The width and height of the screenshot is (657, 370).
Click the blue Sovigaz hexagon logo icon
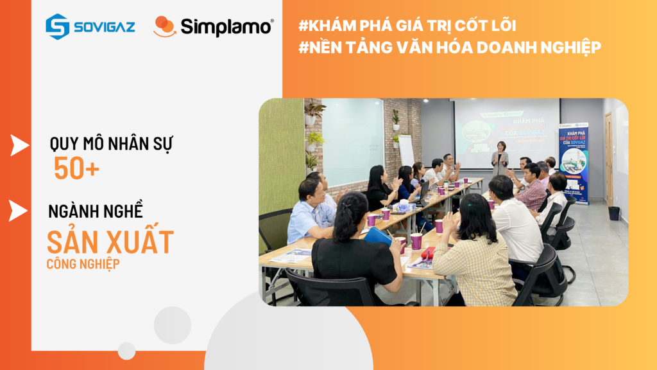pos(57,26)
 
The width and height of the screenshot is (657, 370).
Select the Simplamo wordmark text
pos(226,27)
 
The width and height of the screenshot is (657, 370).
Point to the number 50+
pos(76,168)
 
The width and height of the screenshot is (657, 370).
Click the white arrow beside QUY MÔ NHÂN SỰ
pos(19,146)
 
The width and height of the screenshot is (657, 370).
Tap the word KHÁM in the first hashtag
pos(341,26)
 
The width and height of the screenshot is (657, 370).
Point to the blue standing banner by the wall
pos(573,161)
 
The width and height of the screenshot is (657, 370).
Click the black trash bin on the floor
pos(614,213)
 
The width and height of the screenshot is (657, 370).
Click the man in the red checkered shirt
pos(532,188)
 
